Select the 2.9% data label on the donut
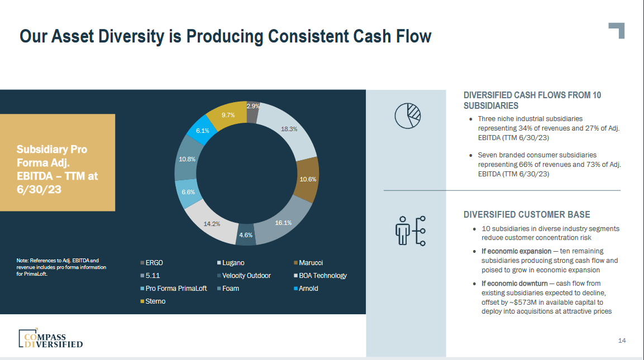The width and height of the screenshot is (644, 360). click(252, 106)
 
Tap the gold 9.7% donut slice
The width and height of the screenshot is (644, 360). click(228, 114)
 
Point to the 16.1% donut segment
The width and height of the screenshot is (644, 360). click(283, 223)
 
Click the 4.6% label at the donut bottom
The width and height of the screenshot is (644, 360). click(246, 235)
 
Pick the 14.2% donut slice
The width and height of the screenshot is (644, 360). click(212, 224)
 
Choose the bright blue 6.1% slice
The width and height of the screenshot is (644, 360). click(202, 131)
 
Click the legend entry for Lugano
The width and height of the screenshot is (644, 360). click(233, 263)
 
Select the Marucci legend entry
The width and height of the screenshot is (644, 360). click(311, 263)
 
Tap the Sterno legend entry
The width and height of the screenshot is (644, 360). click(155, 301)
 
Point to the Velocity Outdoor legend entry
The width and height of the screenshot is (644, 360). click(246, 276)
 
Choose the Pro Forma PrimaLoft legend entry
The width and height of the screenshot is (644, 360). click(176, 289)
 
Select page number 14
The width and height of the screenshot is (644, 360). click(622, 340)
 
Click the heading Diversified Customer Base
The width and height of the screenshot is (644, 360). click(526, 215)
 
